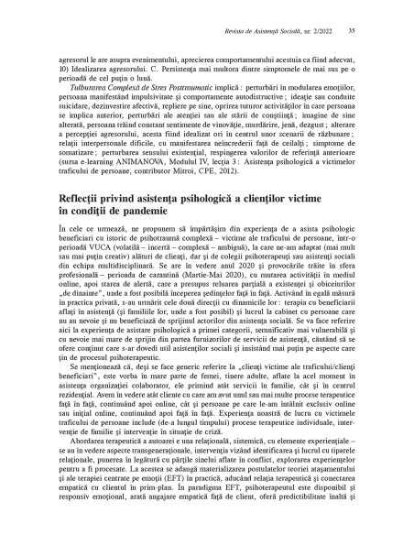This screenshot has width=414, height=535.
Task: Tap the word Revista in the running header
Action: (236, 30)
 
